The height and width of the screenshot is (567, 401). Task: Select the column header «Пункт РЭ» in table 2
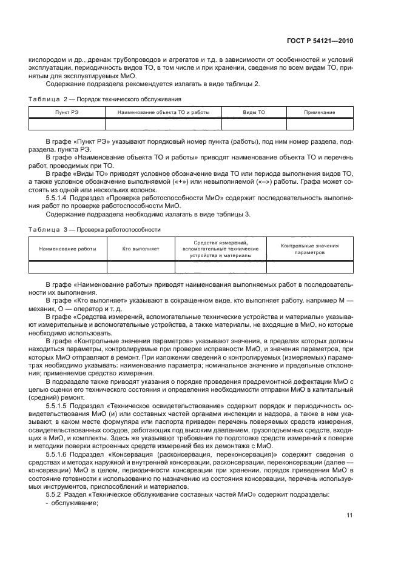pos(67,112)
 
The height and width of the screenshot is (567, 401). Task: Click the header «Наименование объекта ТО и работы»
pos(163,112)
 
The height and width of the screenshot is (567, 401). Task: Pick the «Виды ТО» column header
pos(254,112)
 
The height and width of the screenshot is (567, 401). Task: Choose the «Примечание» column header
pos(320,112)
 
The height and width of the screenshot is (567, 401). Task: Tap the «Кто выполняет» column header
pos(141,249)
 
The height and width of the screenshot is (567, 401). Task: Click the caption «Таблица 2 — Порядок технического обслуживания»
pos(105,98)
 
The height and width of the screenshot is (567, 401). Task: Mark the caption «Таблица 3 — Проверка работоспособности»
pos(95,230)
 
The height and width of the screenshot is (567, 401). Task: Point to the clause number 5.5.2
pos(56,495)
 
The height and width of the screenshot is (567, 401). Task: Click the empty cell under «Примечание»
pos(320,124)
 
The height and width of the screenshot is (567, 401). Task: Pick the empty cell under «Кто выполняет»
pos(141,267)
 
